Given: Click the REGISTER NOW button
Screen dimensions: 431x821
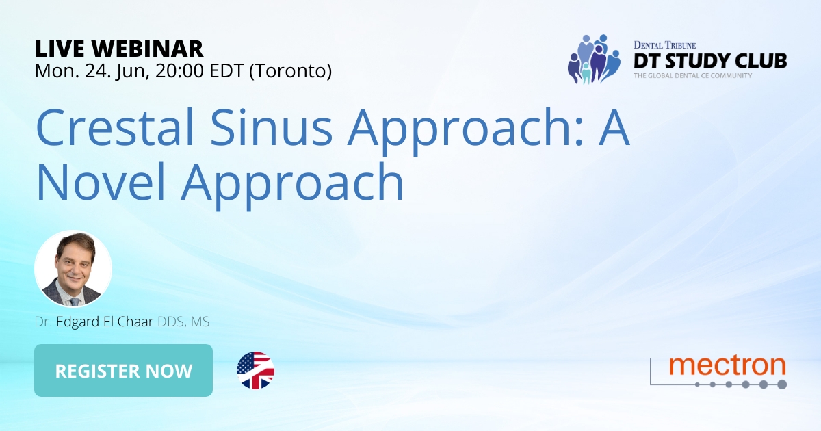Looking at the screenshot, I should click(x=123, y=371).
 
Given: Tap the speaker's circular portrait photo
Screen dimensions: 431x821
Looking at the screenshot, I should click(x=73, y=269).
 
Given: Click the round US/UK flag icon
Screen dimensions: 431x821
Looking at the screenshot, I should click(x=255, y=371).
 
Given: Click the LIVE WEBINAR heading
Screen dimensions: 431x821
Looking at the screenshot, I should click(x=119, y=49).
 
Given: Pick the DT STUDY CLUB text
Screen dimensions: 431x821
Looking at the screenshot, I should click(x=709, y=61).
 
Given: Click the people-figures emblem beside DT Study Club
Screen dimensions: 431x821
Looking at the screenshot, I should click(x=592, y=59).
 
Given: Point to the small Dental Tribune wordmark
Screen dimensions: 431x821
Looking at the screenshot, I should click(x=665, y=44).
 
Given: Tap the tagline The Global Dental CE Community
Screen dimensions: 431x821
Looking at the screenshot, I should click(x=692, y=75).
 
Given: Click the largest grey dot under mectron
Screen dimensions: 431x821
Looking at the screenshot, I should click(x=781, y=384).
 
